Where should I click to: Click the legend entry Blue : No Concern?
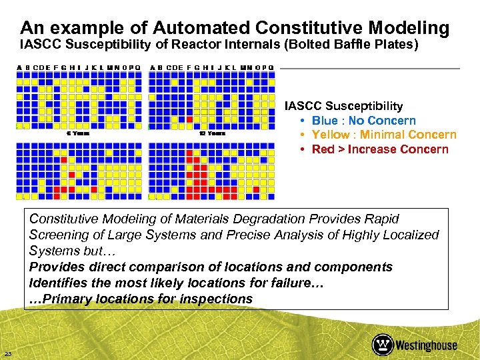point(363,121)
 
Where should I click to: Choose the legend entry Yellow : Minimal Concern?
point(384,135)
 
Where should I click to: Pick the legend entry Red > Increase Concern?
point(380,149)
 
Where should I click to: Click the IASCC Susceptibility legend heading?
point(343,106)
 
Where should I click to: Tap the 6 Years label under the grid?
point(78,133)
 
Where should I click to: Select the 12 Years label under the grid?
point(212,133)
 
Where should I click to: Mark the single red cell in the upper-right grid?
point(189,119)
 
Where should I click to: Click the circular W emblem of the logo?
point(382,344)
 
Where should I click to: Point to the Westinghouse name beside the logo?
point(426,345)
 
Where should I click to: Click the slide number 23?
point(7,353)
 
